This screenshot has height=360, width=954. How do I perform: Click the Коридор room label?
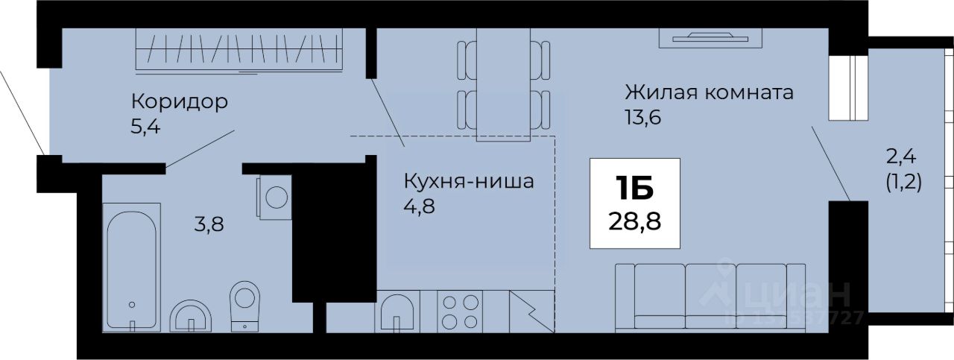tap(179, 101)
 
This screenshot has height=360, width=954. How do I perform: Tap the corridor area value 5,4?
tap(146, 125)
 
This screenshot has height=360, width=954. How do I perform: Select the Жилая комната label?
tap(709, 93)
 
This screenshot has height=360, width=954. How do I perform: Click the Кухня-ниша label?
tap(469, 181)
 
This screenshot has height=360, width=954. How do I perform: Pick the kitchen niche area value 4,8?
tap(419, 205)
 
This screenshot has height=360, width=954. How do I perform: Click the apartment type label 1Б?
tap(634, 190)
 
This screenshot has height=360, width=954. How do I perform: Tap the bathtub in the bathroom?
tap(131, 265)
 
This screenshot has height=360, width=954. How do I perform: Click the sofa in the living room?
tap(710, 296)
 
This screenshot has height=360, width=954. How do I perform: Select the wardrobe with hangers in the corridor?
tap(240, 50)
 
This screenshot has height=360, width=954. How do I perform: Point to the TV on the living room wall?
tap(710, 35)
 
